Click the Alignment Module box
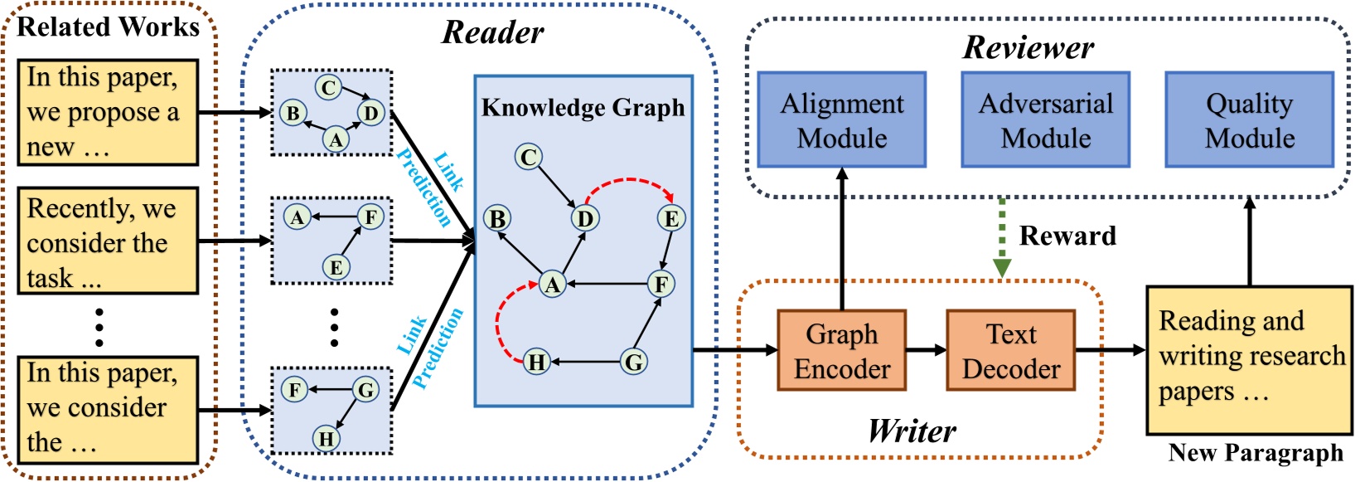(x=841, y=119)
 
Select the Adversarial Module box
(x=1045, y=119)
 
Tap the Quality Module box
(x=1249, y=119)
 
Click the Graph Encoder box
(x=841, y=350)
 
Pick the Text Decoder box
(x=1010, y=350)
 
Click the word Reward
(x=1067, y=236)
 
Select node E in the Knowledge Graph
(x=671, y=218)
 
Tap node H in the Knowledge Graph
(x=537, y=362)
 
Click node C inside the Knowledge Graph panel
(x=528, y=157)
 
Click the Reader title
(x=493, y=32)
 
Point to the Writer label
(x=912, y=431)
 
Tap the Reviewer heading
(x=1028, y=47)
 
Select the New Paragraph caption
(x=1255, y=453)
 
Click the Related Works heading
(x=108, y=27)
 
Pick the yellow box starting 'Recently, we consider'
(x=108, y=241)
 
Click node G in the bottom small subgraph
(x=365, y=389)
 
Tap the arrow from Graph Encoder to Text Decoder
(x=926, y=350)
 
